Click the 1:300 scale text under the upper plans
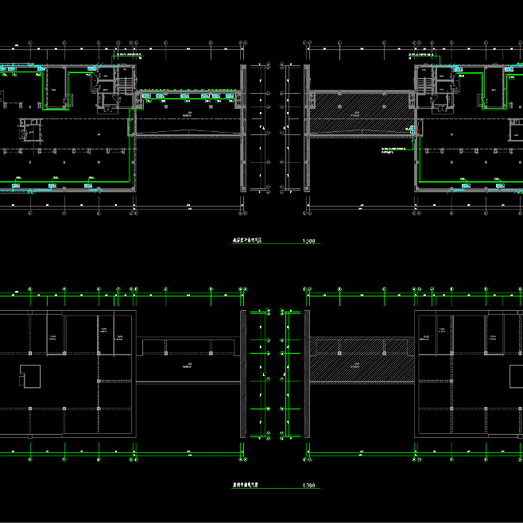pos(309,241)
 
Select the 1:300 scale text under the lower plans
pos(309,486)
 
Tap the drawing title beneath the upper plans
pos(246,239)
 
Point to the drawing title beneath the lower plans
pos(246,484)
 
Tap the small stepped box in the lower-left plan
pos(29,375)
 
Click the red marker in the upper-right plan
pos(413,128)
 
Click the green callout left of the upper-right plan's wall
pos(395,151)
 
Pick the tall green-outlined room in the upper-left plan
pos(56,87)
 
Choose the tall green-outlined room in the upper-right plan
pos(494,87)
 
